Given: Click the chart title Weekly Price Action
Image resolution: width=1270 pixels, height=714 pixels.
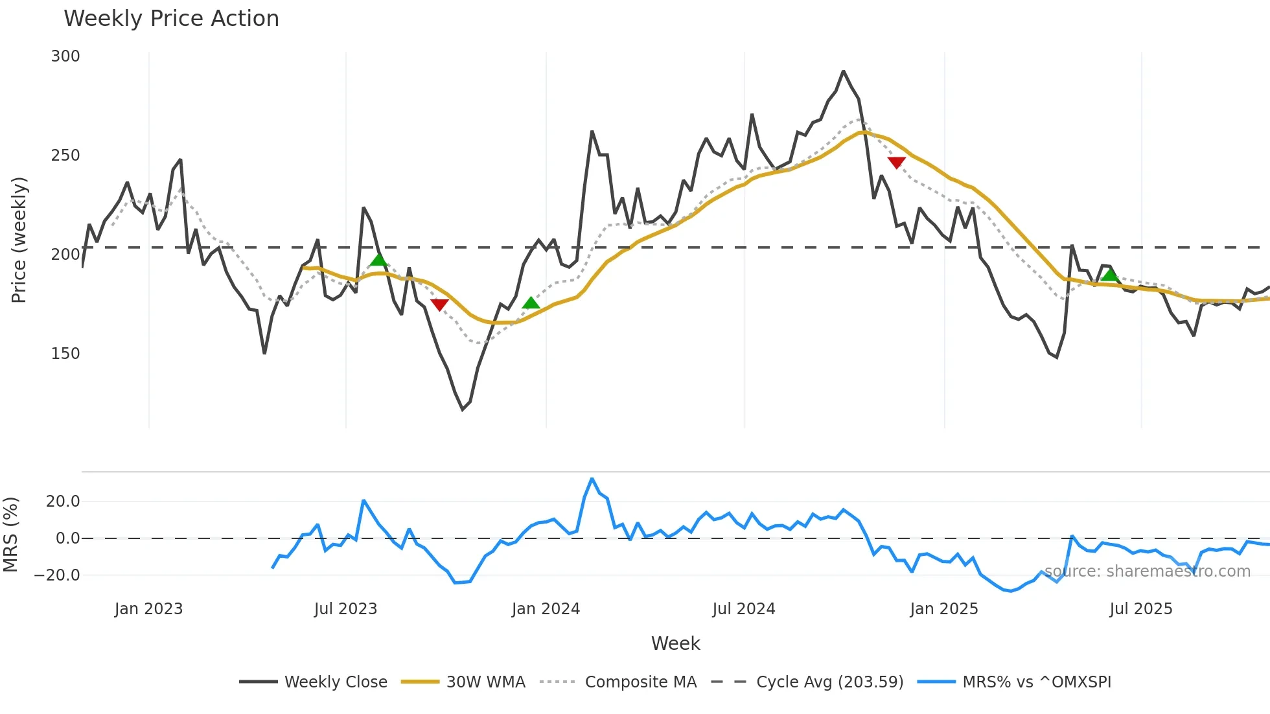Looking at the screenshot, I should (x=171, y=19).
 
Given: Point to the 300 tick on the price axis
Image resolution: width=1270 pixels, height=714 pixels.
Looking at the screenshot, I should (x=65, y=56).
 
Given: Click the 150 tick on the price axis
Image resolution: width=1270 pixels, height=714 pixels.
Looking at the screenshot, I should (x=65, y=354).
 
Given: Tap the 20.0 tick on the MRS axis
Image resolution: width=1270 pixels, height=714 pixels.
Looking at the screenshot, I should (x=63, y=501).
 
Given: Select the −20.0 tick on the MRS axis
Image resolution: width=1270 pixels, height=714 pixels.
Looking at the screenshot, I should (x=58, y=575).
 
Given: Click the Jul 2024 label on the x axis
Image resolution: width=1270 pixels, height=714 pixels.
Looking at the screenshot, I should (x=743, y=609).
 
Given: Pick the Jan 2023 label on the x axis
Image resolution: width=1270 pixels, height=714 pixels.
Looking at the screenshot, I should (x=148, y=609).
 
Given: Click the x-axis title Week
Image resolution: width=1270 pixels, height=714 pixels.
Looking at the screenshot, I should (x=675, y=643).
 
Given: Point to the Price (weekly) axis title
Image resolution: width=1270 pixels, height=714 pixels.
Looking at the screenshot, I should (x=19, y=240).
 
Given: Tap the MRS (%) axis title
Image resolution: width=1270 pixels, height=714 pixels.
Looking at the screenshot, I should (x=10, y=535).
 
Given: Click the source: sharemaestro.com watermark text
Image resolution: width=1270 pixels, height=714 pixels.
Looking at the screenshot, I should (x=1147, y=571).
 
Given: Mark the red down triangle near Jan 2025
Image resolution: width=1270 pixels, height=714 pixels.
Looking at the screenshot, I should (x=896, y=163).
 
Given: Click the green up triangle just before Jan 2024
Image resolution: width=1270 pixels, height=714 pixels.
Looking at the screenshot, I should (x=531, y=303).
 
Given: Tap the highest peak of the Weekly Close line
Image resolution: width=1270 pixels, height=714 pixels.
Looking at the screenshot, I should (x=843, y=71).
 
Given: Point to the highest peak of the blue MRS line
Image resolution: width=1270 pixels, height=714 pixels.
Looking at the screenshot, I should (x=592, y=479).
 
